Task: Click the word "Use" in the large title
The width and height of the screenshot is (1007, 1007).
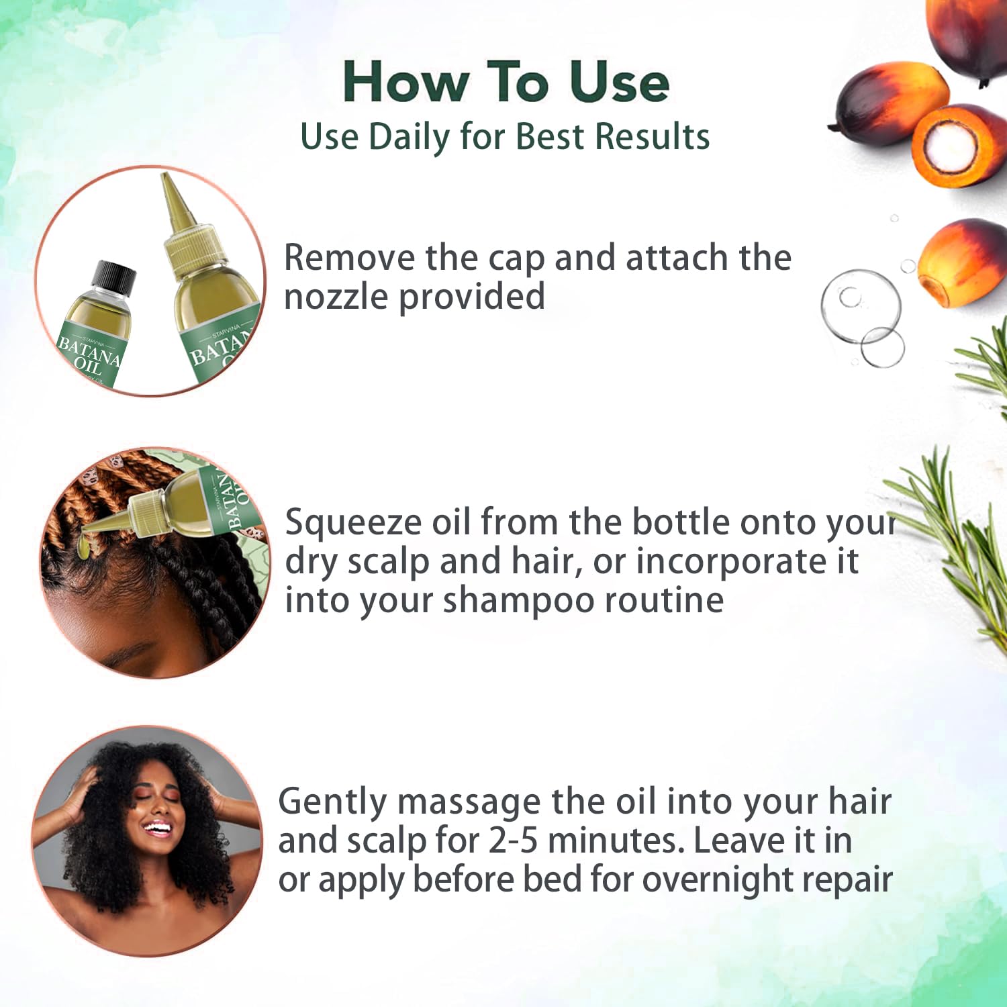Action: click(x=620, y=82)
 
